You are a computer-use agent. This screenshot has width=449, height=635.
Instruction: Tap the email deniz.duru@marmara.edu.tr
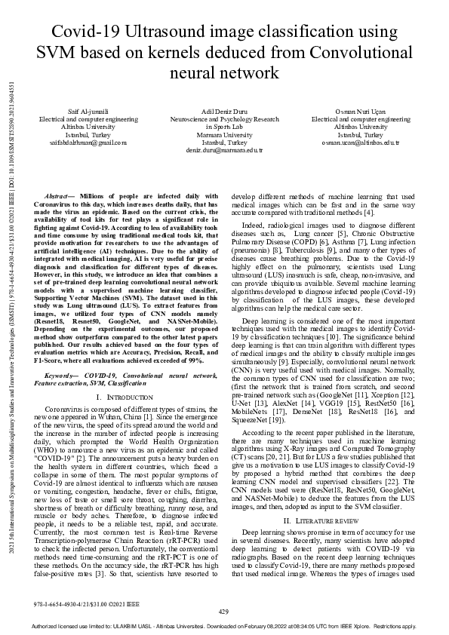(224, 149)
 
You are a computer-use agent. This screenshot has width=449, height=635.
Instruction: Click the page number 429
(223, 611)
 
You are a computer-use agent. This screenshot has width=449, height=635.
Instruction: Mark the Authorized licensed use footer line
(224, 627)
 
